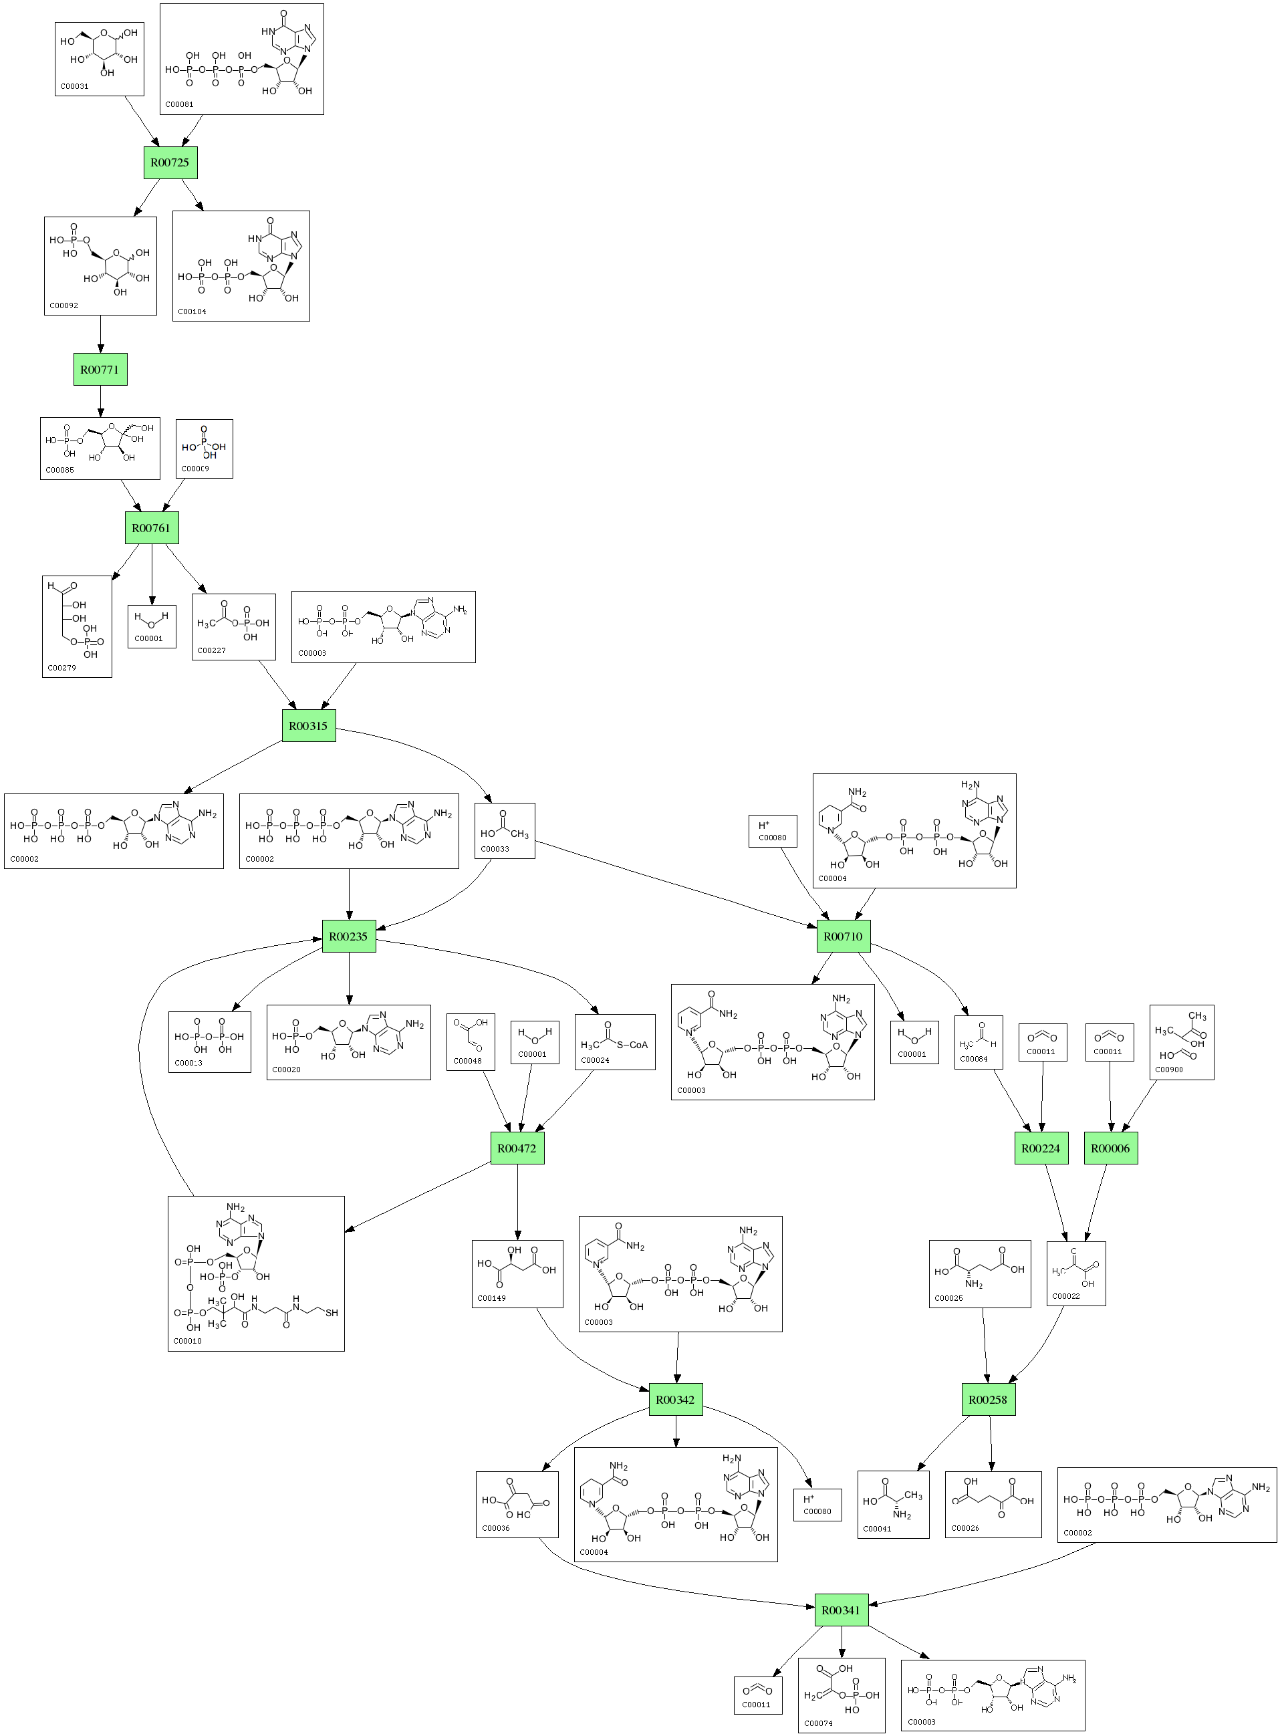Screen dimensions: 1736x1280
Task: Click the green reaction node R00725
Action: click(170, 162)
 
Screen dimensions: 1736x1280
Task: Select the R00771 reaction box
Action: click(100, 370)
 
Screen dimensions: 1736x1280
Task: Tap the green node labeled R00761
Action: click(151, 527)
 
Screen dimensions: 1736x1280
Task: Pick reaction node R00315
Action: click(308, 726)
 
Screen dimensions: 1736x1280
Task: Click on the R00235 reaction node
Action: click(349, 937)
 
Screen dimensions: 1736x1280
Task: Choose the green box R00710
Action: click(843, 937)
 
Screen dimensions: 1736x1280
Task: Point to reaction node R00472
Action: click(517, 1148)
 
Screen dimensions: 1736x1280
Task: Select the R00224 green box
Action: click(1041, 1148)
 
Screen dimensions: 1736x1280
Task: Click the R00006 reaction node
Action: click(1110, 1148)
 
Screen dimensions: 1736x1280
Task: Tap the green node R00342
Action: click(676, 1400)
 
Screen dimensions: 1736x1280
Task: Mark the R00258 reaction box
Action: click(988, 1400)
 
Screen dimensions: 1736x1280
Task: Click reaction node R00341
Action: click(842, 1610)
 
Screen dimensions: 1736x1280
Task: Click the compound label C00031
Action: click(74, 87)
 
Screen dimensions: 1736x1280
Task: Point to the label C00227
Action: click(211, 650)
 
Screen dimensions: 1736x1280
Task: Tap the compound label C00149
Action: click(492, 1298)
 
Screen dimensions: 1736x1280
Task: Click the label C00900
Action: click(1169, 1070)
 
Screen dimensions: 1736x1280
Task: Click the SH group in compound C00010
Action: click(332, 1313)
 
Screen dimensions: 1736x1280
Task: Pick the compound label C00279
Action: click(62, 668)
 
